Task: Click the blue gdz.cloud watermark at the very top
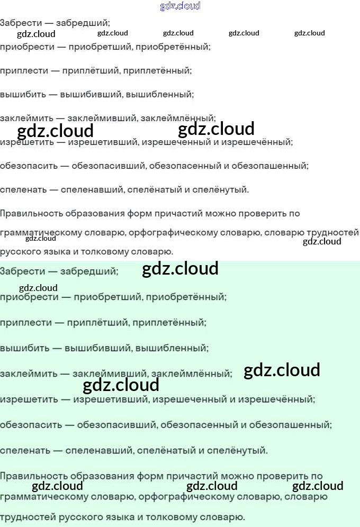(180, 6)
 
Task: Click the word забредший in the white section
(85, 23)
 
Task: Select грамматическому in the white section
(40, 233)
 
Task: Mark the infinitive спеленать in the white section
(23, 189)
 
